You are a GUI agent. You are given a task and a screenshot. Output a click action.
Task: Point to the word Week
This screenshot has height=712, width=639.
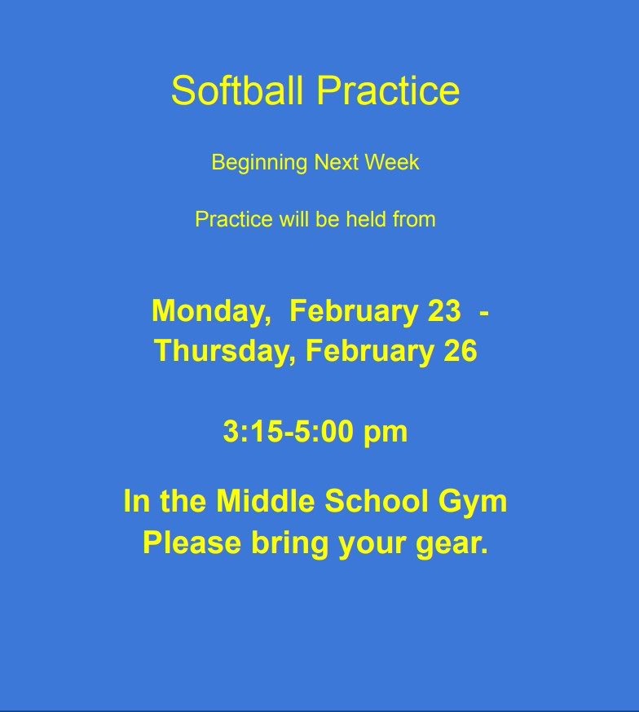(x=394, y=162)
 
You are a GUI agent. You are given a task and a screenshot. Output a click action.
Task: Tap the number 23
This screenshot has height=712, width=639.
(x=443, y=311)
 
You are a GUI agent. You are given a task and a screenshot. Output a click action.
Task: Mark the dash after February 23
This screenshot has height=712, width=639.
(x=485, y=312)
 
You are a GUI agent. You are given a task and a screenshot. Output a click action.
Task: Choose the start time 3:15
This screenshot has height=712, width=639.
(x=251, y=432)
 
